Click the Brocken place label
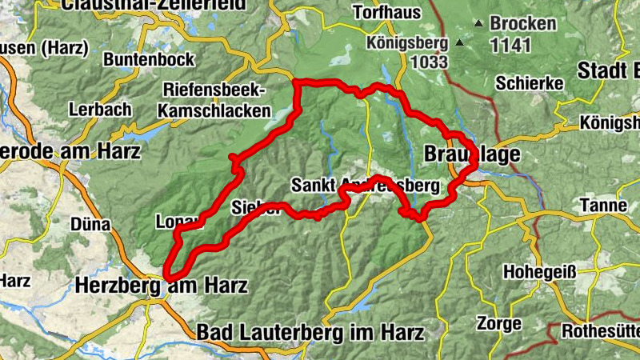[523, 23]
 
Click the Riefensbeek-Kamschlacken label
[215, 100]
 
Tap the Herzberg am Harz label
[161, 285]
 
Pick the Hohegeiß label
[539, 272]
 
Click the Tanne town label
[605, 206]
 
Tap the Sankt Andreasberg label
[366, 186]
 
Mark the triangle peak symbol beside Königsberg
[460, 43]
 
